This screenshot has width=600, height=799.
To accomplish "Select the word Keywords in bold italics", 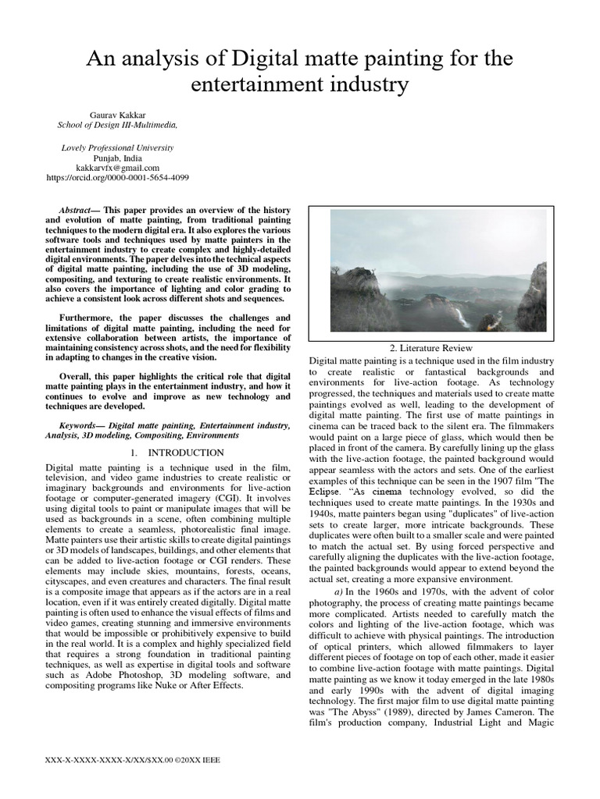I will tap(84, 425).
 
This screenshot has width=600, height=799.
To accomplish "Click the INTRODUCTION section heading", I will tap(176, 453).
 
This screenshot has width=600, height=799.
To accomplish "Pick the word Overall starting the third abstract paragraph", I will tap(80, 375).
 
